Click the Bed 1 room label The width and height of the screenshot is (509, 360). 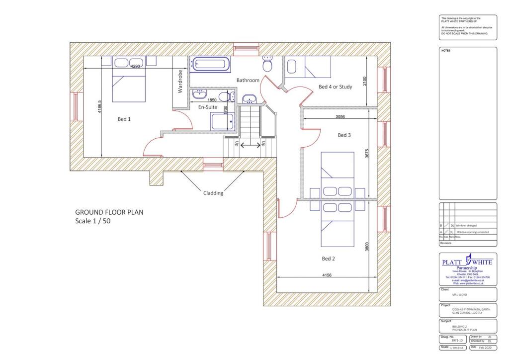124,119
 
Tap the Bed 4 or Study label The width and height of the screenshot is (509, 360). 335,87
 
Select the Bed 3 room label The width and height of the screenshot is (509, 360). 344,135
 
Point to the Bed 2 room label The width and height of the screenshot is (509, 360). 328,259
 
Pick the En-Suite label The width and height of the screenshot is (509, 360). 208,107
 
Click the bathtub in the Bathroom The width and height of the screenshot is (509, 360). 211,65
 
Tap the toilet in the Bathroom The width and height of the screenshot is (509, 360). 267,64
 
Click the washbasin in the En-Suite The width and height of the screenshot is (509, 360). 200,94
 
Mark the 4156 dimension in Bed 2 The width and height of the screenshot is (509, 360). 328,275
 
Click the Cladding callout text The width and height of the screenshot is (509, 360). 213,193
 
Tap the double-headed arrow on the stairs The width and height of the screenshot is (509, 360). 250,145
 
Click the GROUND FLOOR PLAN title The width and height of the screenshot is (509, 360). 109,212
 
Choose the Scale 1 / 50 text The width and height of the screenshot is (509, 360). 92,221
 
